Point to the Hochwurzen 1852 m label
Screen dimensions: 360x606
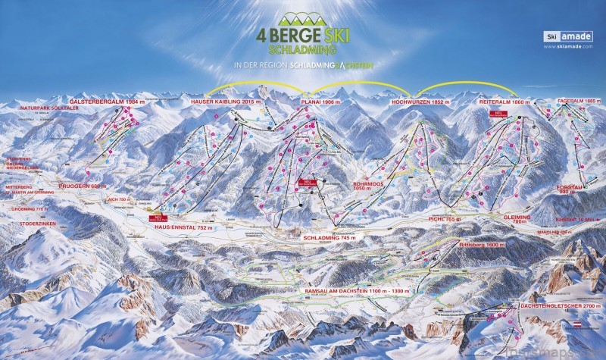tap(420, 101)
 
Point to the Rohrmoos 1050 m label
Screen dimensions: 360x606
tap(369, 186)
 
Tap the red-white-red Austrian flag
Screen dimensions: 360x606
tap(586, 324)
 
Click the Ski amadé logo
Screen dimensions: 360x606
tap(564, 36)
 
